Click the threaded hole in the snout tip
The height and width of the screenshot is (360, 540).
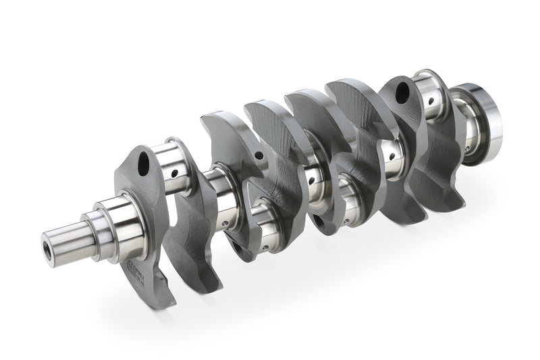(x=49, y=240)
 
